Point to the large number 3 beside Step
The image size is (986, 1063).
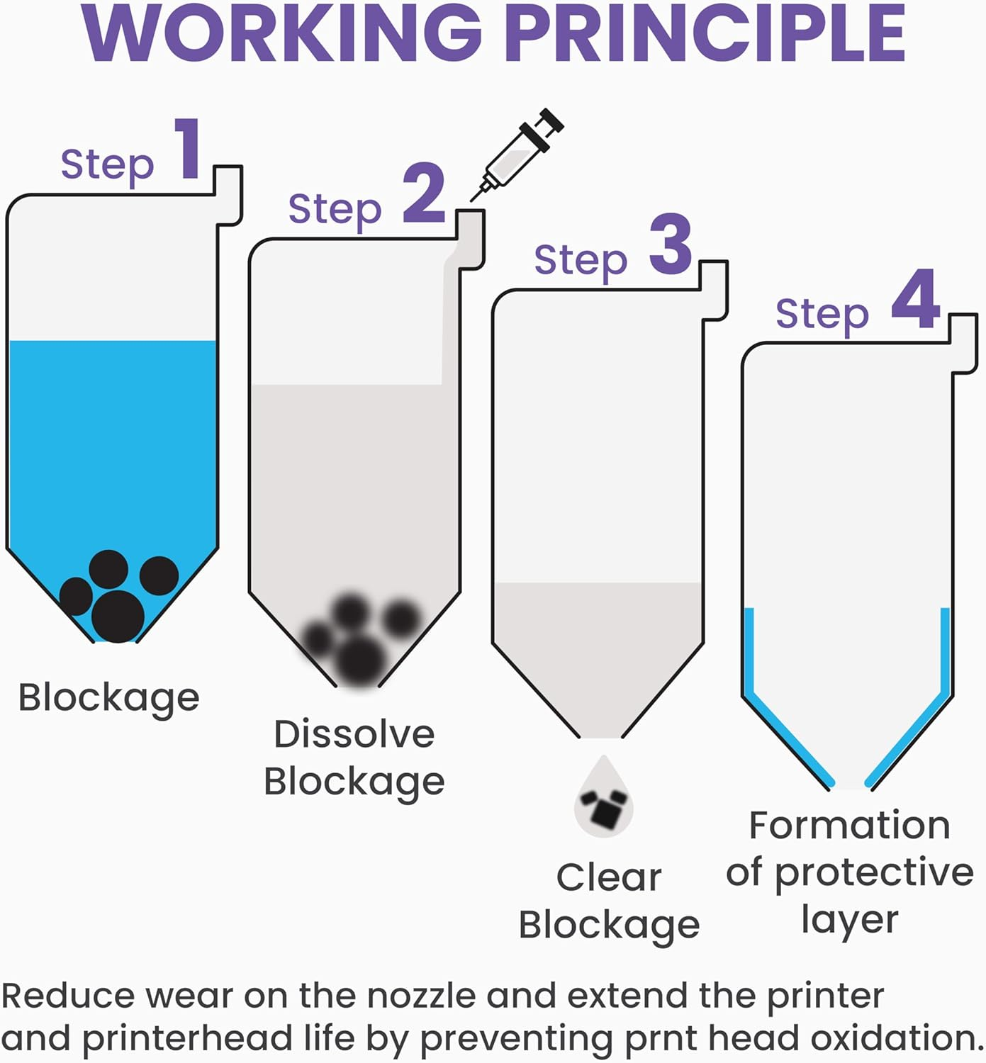pos(670,245)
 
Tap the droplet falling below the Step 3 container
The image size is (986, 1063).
pos(604,799)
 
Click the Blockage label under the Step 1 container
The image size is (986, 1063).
pos(108,697)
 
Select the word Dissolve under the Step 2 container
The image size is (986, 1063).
pos(354,734)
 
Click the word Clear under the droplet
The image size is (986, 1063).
pos(609,877)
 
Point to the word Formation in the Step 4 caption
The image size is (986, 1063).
pos(849,826)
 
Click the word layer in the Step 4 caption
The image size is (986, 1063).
pos(849,920)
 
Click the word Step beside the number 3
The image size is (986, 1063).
pos(581,260)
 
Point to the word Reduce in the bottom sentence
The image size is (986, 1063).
pos(67,996)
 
